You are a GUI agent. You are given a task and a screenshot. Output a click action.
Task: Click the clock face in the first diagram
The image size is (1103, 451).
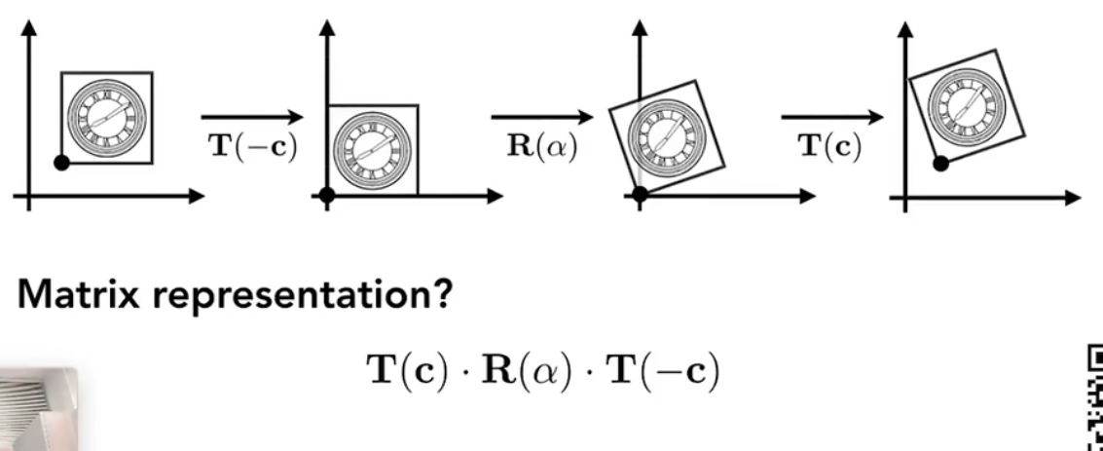[106, 116]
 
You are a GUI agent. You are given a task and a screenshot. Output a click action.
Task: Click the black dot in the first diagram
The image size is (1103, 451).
[61, 163]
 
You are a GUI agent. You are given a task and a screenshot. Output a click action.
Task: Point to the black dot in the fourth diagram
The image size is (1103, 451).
[940, 164]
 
